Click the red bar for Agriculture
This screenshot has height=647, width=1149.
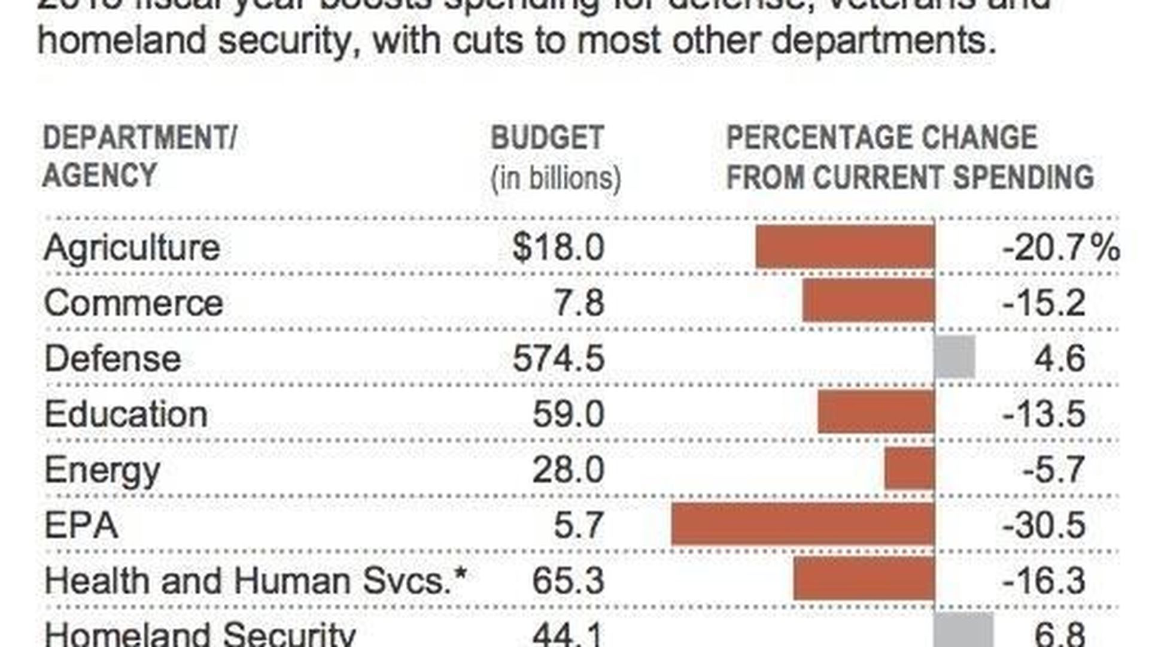pyautogui.click(x=845, y=247)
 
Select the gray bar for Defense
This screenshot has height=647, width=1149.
pyautogui.click(x=955, y=358)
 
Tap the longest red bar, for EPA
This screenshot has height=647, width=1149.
pyautogui.click(x=803, y=525)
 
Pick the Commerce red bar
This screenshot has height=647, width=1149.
pyautogui.click(x=868, y=301)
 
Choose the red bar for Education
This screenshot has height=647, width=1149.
pyautogui.click(x=876, y=412)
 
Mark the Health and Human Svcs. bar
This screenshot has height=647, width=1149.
pyautogui.click(x=864, y=579)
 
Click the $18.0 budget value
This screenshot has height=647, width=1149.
pyautogui.click(x=558, y=247)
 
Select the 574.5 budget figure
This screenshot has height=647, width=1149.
pyautogui.click(x=558, y=358)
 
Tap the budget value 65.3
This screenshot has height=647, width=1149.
pyautogui.click(x=568, y=581)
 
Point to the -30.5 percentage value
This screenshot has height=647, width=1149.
pyautogui.click(x=1044, y=525)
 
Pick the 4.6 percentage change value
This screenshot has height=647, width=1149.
pyautogui.click(x=1059, y=358)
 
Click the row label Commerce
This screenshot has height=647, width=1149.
pyautogui.click(x=133, y=303)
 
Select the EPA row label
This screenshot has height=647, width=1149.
pyautogui.click(x=81, y=525)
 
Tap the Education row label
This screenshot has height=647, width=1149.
pyautogui.click(x=126, y=414)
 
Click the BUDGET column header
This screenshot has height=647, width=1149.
pyautogui.click(x=547, y=138)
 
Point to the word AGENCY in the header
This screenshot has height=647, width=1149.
pyautogui.click(x=99, y=176)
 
